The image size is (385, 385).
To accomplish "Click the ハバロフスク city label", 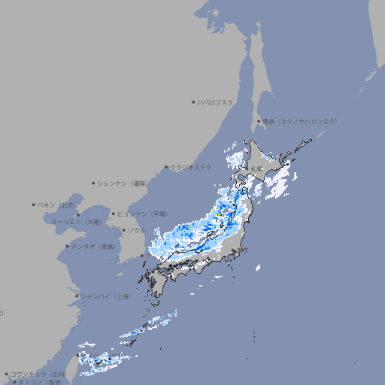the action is pyautogui.click(x=215, y=102).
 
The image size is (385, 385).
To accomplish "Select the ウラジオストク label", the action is pyautogui.click(x=191, y=167).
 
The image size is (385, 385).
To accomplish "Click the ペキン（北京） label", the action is pyautogui.click(x=56, y=205).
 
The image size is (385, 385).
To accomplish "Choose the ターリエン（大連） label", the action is pyautogui.click(x=75, y=222).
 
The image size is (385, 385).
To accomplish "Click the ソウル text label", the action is pyautogui.click(x=136, y=230).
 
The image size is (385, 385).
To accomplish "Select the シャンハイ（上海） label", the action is pyautogui.click(x=105, y=296).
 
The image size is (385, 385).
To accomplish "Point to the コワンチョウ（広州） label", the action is pyautogui.click(x=38, y=374).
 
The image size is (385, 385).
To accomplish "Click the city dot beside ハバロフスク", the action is pyautogui.click(x=193, y=102).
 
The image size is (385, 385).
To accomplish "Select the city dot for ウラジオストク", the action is pyautogui.click(x=166, y=167).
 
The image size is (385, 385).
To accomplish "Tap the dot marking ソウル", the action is pyautogui.click(x=123, y=230).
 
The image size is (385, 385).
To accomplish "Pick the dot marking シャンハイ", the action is pyautogui.click(x=77, y=296).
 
